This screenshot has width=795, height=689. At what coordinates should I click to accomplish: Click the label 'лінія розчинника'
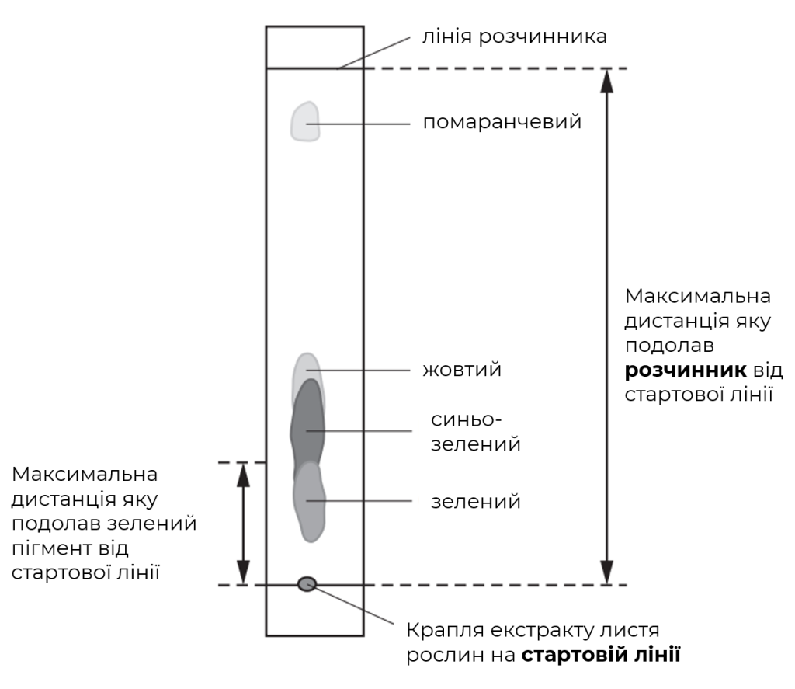[515, 37]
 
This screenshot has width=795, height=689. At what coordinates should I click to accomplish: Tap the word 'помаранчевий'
[502, 122]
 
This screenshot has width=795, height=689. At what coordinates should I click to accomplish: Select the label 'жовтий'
[462, 370]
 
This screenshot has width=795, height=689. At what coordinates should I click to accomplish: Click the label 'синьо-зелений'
[476, 432]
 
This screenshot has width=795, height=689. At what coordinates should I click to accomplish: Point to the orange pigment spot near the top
[305, 122]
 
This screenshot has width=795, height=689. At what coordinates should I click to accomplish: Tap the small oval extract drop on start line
[307, 584]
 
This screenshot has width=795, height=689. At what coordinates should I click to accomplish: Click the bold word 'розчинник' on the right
[686, 370]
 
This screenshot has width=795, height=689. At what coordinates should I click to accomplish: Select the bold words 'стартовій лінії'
[601, 655]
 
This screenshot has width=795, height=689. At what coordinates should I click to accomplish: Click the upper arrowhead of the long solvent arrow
[606, 82]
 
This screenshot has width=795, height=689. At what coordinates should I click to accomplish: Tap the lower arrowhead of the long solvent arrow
[606, 572]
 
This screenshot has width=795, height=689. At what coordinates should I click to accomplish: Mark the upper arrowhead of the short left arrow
[244, 475]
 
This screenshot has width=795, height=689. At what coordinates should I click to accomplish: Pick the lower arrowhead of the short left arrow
[244, 572]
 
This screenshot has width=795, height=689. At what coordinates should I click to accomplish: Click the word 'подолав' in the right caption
[669, 346]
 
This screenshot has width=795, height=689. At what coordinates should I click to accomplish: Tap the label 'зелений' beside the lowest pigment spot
[476, 502]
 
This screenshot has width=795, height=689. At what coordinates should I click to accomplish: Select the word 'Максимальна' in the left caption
[85, 475]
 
